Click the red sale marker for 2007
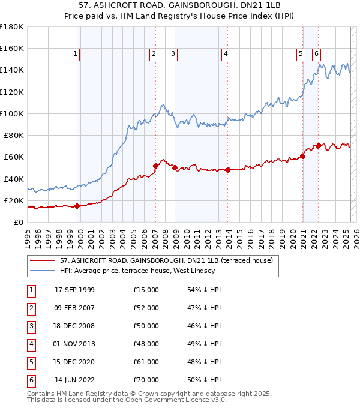point(155,166)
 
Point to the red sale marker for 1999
point(77,206)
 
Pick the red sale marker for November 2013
point(228,170)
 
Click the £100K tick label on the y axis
point(11,113)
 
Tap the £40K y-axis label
point(14,179)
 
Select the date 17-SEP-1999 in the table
point(74,290)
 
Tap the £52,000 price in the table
point(146,308)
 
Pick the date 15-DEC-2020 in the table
point(74,362)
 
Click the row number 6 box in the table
point(30,380)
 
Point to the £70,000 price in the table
point(146,380)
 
